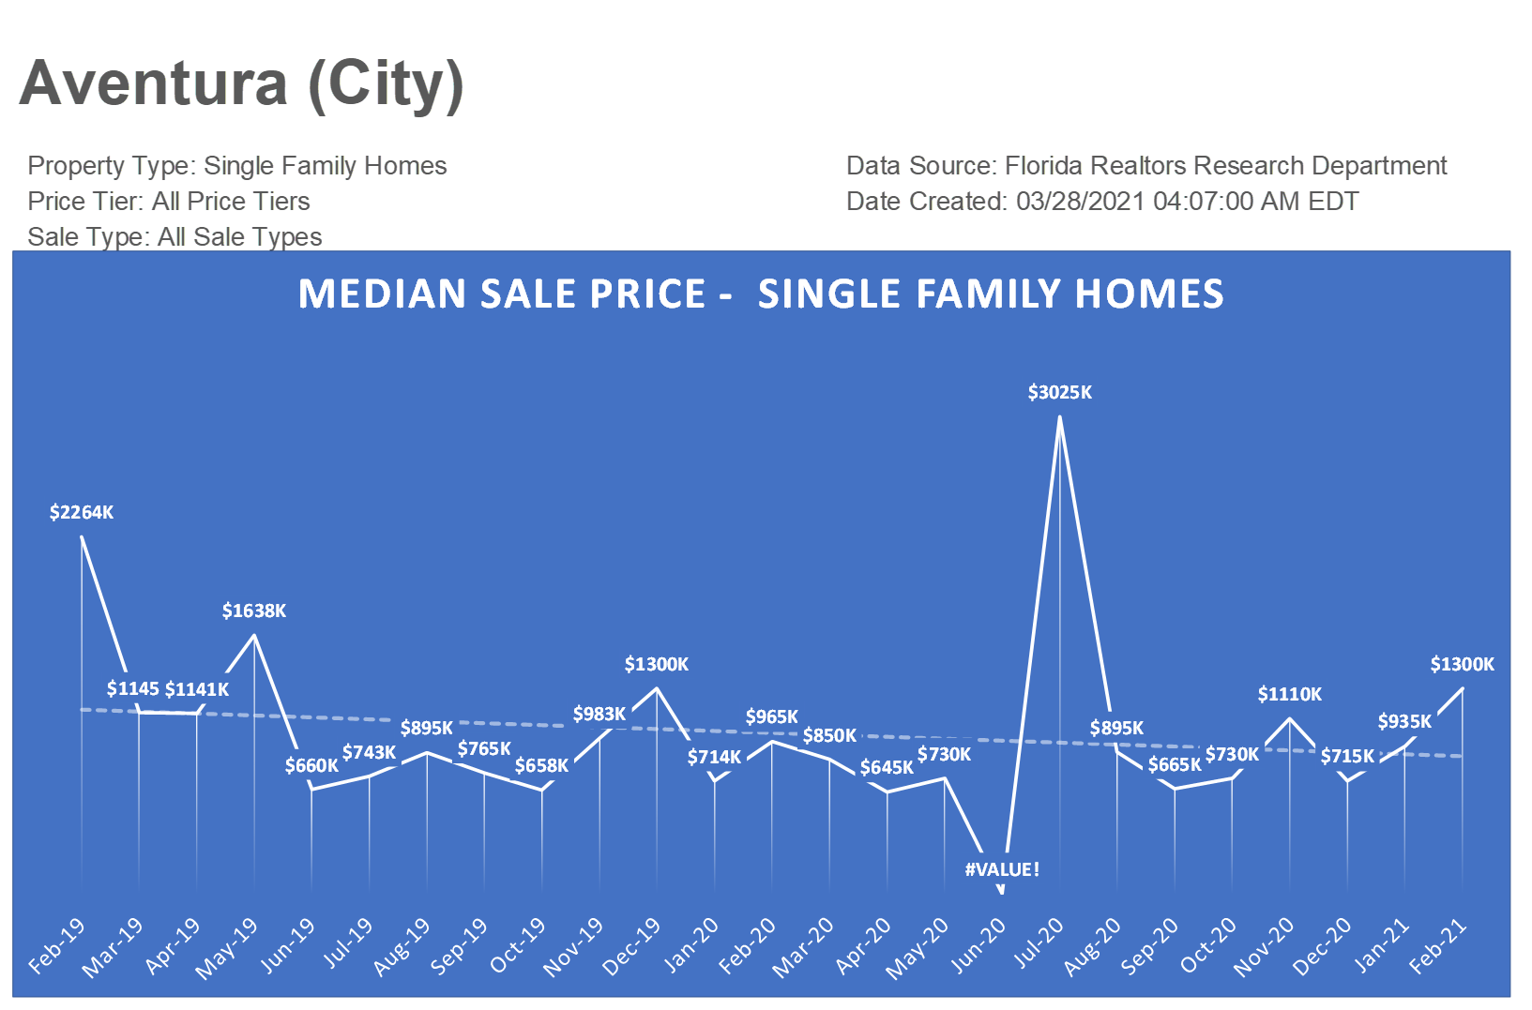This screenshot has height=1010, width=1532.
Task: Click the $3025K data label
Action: click(x=1059, y=392)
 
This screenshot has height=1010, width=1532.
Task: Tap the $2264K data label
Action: click(x=82, y=512)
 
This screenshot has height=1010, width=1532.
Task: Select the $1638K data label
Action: click(x=254, y=611)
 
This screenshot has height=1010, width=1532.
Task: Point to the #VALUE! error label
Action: click(x=1002, y=869)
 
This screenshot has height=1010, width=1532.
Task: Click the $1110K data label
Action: click(x=1289, y=694)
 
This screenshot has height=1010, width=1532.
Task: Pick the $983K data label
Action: click(x=599, y=715)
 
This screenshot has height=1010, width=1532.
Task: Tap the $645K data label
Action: click(x=887, y=767)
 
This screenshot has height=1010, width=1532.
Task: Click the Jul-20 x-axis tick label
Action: click(x=1039, y=942)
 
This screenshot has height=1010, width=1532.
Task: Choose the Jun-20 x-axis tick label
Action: click(x=978, y=945)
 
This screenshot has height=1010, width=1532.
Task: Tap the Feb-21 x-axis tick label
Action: click(x=1438, y=945)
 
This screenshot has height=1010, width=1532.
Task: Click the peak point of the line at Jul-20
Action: click(x=1059, y=417)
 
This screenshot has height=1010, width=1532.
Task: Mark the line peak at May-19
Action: click(x=254, y=636)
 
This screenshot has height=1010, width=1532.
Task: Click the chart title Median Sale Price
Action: click(x=760, y=294)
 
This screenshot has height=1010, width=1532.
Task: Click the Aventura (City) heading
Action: click(x=241, y=84)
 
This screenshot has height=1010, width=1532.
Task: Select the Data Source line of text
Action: click(x=1145, y=166)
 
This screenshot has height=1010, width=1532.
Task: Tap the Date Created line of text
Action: click(x=1101, y=202)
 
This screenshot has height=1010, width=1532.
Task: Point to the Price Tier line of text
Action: click(x=169, y=202)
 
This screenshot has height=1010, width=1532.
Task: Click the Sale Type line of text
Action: click(x=174, y=237)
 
